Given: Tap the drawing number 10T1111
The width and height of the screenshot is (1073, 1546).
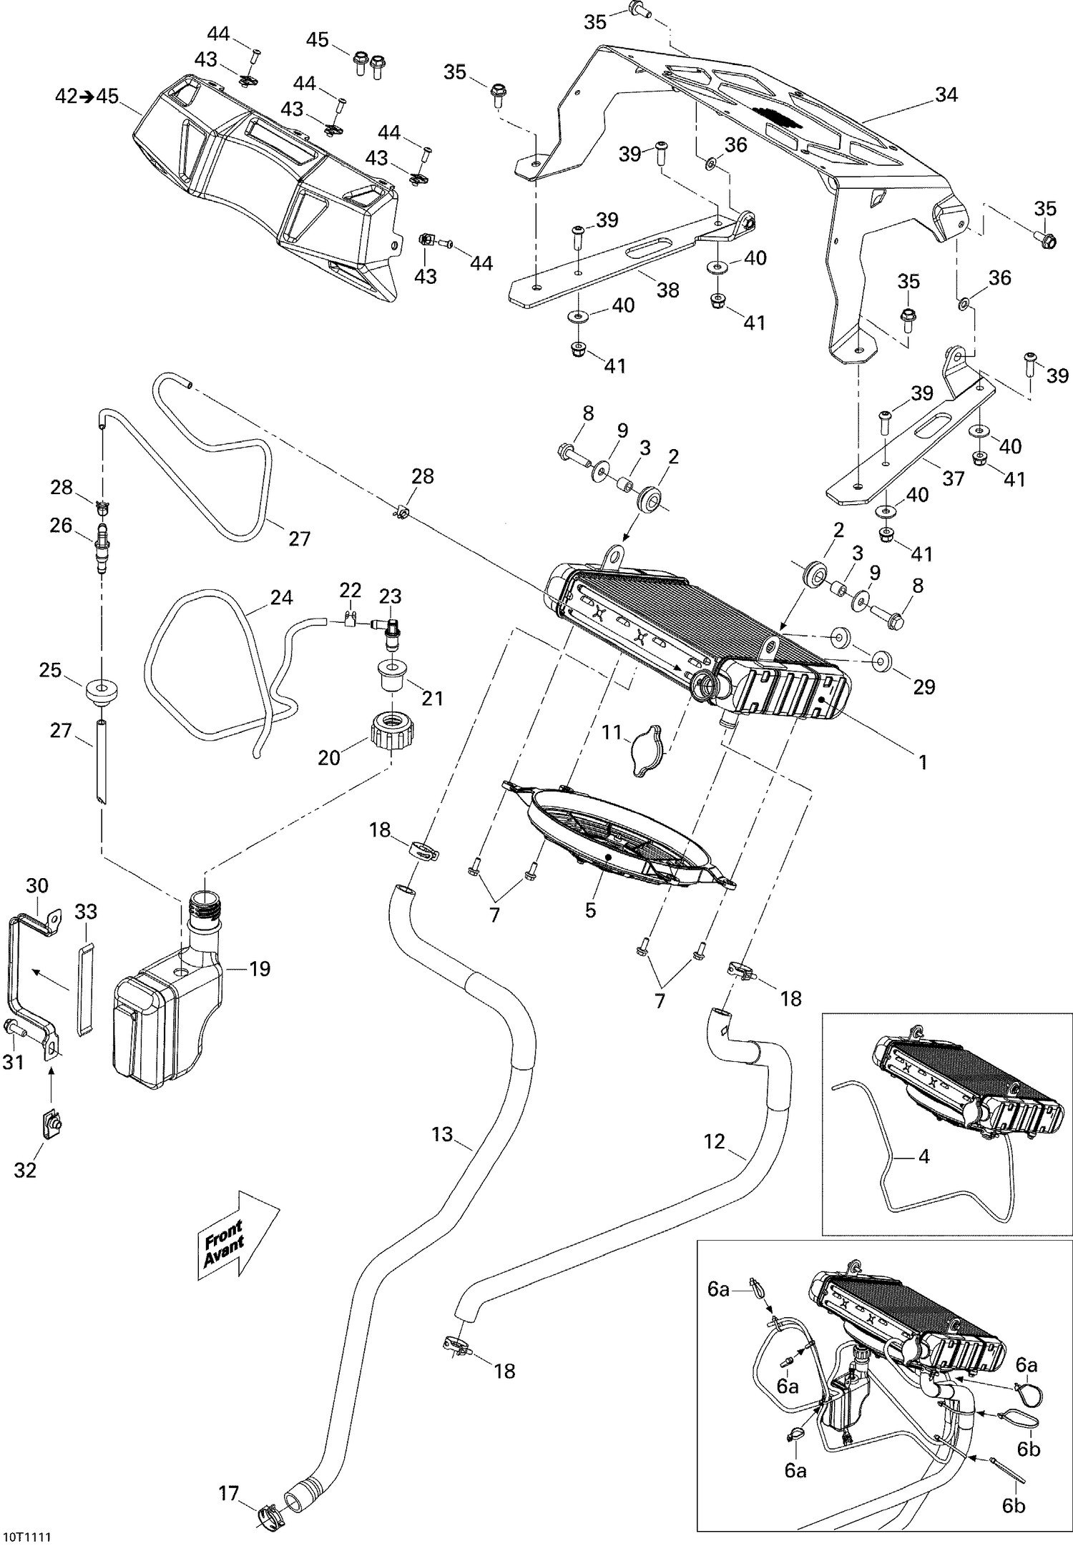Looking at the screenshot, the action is [x=30, y=1532].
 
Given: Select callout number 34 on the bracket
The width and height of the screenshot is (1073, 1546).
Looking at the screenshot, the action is [x=946, y=94].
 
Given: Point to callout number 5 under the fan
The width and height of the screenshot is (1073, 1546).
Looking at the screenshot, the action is [x=590, y=910].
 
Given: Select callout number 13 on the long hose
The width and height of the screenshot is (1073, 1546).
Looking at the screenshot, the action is [x=443, y=1134].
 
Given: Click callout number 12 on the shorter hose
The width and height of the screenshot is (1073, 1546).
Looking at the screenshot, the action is [x=715, y=1141].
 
